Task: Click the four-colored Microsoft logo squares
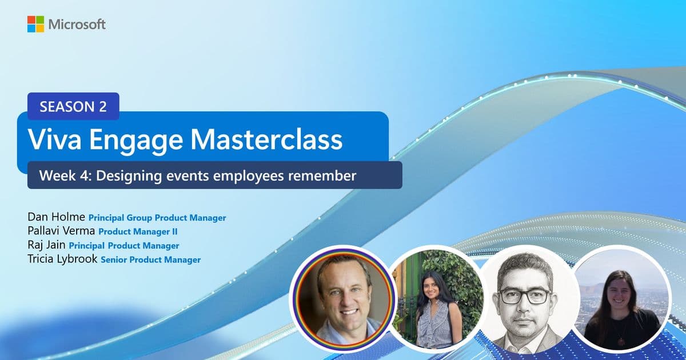35,24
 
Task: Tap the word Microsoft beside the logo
77,25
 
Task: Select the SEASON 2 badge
73,106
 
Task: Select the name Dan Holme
56,217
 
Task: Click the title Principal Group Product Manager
157,218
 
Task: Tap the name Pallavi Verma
61,231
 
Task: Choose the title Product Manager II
138,232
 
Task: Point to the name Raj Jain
46,246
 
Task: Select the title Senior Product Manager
151,260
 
